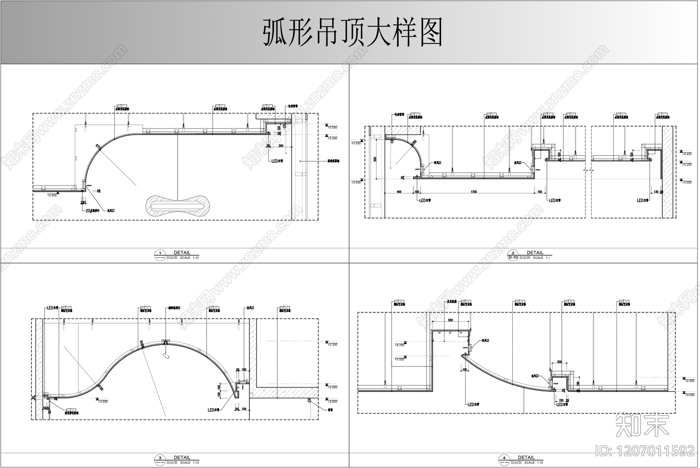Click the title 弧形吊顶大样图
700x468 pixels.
point(352,32)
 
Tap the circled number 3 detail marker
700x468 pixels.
point(160,458)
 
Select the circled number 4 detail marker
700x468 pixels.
point(504,458)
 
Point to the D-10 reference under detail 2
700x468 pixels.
point(513,258)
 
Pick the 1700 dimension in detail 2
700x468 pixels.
point(473,192)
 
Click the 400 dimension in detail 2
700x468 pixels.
point(399,192)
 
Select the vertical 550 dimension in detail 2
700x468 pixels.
point(375,159)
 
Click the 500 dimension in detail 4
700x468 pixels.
point(451,320)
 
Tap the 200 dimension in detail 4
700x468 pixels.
point(559,362)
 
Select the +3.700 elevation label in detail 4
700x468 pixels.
point(400,345)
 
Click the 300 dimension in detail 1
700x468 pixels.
point(280,145)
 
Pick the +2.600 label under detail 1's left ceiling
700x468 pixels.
point(52,195)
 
